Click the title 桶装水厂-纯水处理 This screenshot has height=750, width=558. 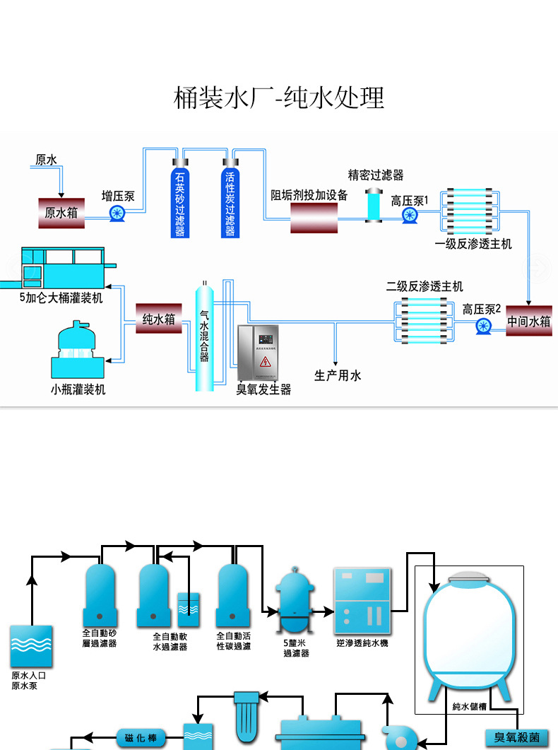279,98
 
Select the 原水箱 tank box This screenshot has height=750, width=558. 61,212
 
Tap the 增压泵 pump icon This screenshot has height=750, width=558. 118,212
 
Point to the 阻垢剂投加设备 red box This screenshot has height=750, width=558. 314,218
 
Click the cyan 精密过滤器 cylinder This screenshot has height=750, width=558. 374,205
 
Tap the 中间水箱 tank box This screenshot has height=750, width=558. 529,321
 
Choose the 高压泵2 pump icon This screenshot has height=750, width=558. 483,326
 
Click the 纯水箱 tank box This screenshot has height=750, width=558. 159,319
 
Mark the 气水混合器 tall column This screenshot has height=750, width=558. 203,336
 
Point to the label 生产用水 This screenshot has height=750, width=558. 338,375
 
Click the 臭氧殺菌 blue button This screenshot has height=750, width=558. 517,737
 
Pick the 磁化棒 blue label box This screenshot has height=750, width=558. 141,739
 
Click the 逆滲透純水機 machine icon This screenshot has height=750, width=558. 362,600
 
